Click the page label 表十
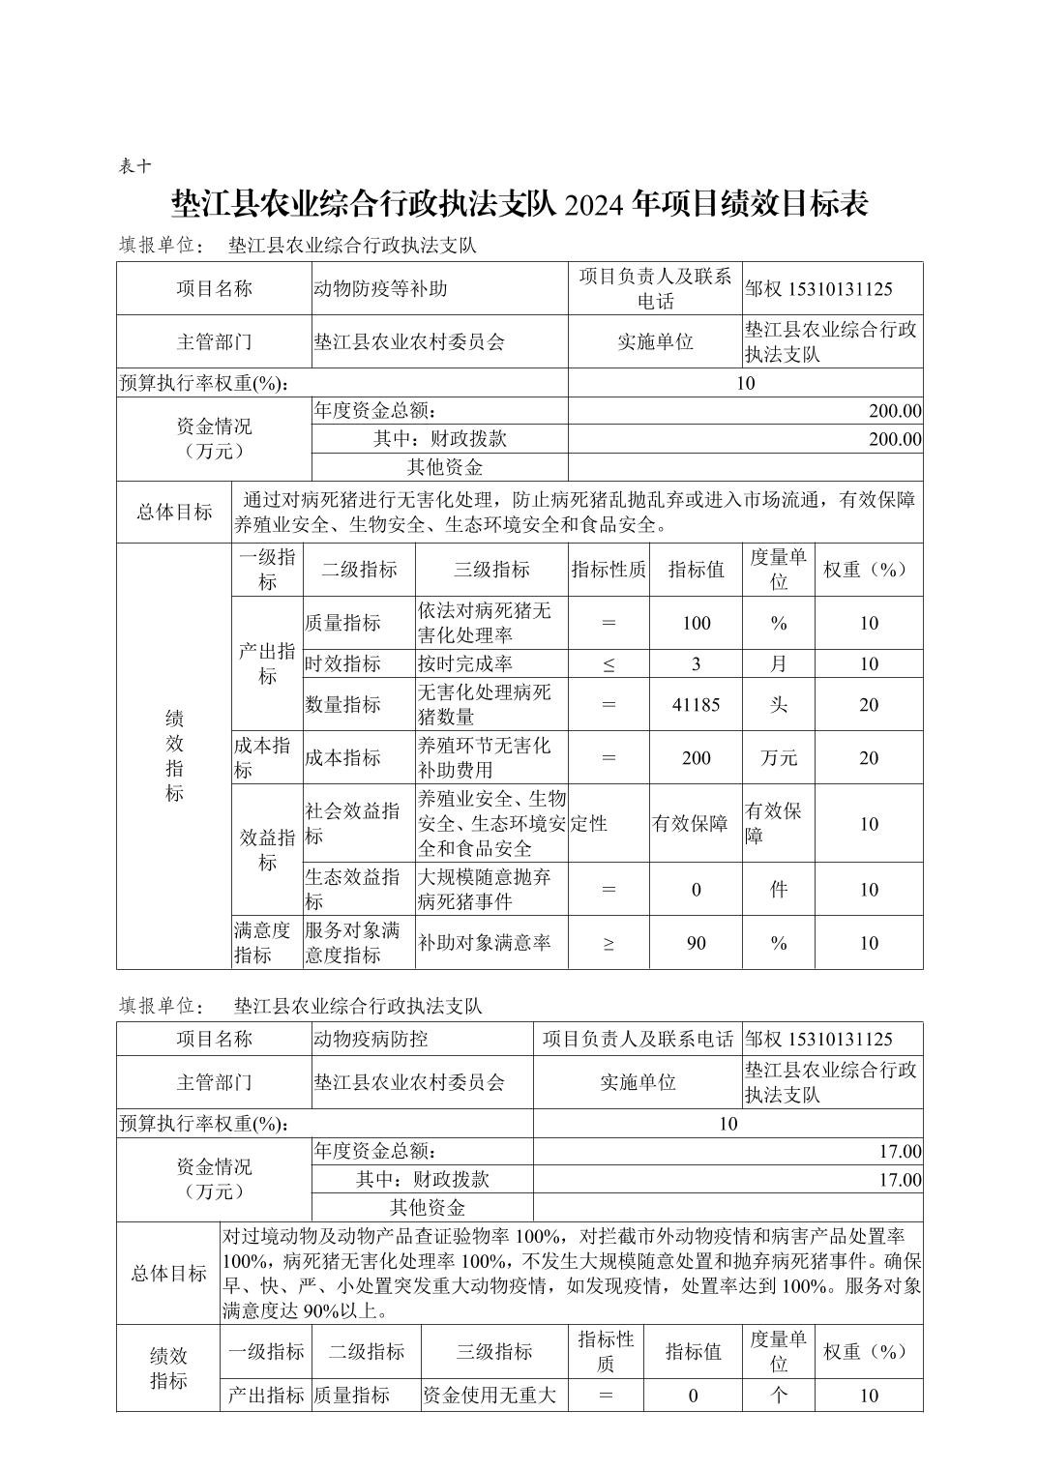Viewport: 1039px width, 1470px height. (x=134, y=165)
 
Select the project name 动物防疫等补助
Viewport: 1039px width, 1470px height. (x=380, y=288)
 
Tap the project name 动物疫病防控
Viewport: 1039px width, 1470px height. (x=371, y=1039)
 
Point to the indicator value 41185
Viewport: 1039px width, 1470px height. (x=696, y=704)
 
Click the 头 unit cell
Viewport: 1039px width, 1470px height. (x=779, y=704)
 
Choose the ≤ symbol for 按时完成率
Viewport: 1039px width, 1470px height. (x=609, y=663)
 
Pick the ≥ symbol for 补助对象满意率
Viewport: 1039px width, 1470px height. (x=609, y=943)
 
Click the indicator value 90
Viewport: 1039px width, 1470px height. (x=696, y=943)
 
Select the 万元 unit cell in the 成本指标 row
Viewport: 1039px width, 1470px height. (x=779, y=757)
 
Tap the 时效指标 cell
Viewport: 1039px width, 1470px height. (x=342, y=663)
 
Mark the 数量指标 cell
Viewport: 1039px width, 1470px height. (x=342, y=704)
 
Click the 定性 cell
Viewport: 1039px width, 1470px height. (x=589, y=823)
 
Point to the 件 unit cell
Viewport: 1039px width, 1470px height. (x=779, y=890)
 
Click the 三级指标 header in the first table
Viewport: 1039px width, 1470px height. (x=491, y=570)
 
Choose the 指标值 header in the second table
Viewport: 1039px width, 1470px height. (x=693, y=1351)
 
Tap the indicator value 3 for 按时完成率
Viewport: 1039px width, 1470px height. (x=696, y=663)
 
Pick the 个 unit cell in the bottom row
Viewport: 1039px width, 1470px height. (x=779, y=1395)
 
